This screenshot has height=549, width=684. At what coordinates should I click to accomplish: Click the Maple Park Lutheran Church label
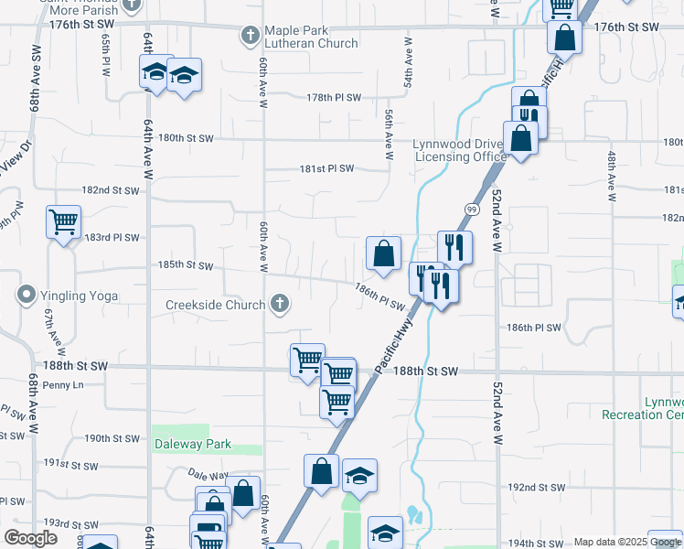[311, 37]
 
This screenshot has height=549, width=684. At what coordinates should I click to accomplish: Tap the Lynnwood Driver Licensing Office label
[459, 151]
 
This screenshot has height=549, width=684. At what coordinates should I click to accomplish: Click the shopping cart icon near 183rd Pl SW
[63, 221]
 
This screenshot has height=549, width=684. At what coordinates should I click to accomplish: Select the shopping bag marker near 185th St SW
[384, 253]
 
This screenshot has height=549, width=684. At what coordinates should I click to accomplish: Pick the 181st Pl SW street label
[326, 168]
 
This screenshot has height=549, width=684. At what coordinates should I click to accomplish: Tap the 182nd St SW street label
[110, 190]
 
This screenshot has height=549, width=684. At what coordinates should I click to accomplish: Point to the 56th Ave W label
[390, 136]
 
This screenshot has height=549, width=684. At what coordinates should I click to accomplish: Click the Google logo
[30, 538]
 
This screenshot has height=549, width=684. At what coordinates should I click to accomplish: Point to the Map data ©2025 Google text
[626, 542]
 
